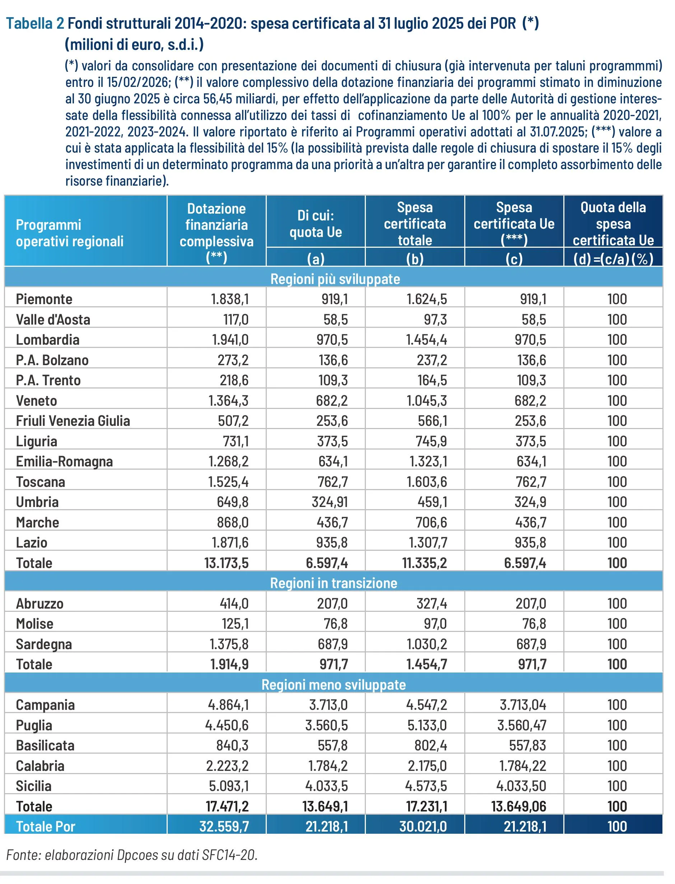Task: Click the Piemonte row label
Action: click(x=44, y=299)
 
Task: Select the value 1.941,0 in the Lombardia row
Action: click(x=230, y=340)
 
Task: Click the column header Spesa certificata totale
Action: click(x=415, y=223)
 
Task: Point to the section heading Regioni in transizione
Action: click(x=334, y=583)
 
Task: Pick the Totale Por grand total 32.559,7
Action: click(x=224, y=826)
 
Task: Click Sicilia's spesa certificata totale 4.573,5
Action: click(x=427, y=786)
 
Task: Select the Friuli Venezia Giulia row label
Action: click(x=73, y=421)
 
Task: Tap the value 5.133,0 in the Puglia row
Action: click(x=427, y=725)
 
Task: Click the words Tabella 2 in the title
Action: click(x=35, y=24)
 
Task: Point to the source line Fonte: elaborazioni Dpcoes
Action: click(x=131, y=855)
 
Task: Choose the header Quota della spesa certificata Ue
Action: click(x=613, y=223)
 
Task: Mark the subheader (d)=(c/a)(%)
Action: click(x=613, y=259)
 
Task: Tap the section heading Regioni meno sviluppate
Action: click(x=334, y=684)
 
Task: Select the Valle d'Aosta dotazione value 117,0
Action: click(x=236, y=320)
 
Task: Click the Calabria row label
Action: click(x=40, y=766)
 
